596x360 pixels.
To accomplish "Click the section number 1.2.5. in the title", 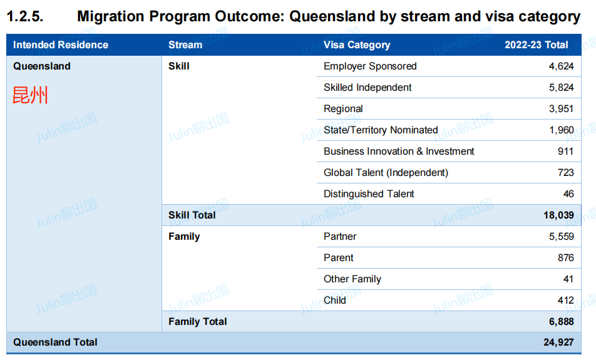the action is (25, 17).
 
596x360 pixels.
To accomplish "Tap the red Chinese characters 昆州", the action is (30, 95).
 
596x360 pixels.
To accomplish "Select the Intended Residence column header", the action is (61, 45).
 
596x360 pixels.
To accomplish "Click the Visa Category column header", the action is (357, 45).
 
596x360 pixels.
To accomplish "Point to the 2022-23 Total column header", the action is (537, 45).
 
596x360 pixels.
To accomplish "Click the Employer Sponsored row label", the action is (370, 66).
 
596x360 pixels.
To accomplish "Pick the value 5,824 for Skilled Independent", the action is (561, 88).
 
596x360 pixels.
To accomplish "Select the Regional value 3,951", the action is (561, 109).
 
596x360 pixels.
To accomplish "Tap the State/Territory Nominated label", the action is (381, 130).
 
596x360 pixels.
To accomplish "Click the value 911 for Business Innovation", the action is (565, 152).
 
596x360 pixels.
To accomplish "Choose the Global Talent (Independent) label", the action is (386, 173).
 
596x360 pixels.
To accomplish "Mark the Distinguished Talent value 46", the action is (568, 194).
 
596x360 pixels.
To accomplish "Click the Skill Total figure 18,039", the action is (558, 215).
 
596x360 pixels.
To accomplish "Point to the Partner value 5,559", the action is (562, 237).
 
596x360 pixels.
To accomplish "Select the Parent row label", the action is (339, 258).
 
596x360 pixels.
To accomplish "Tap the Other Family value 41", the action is (568, 279).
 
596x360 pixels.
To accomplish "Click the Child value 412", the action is (565, 301).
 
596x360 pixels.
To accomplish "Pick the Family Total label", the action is (198, 322).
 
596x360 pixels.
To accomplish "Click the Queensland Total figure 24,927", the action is (558, 342).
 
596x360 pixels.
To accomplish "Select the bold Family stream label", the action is (184, 237).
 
